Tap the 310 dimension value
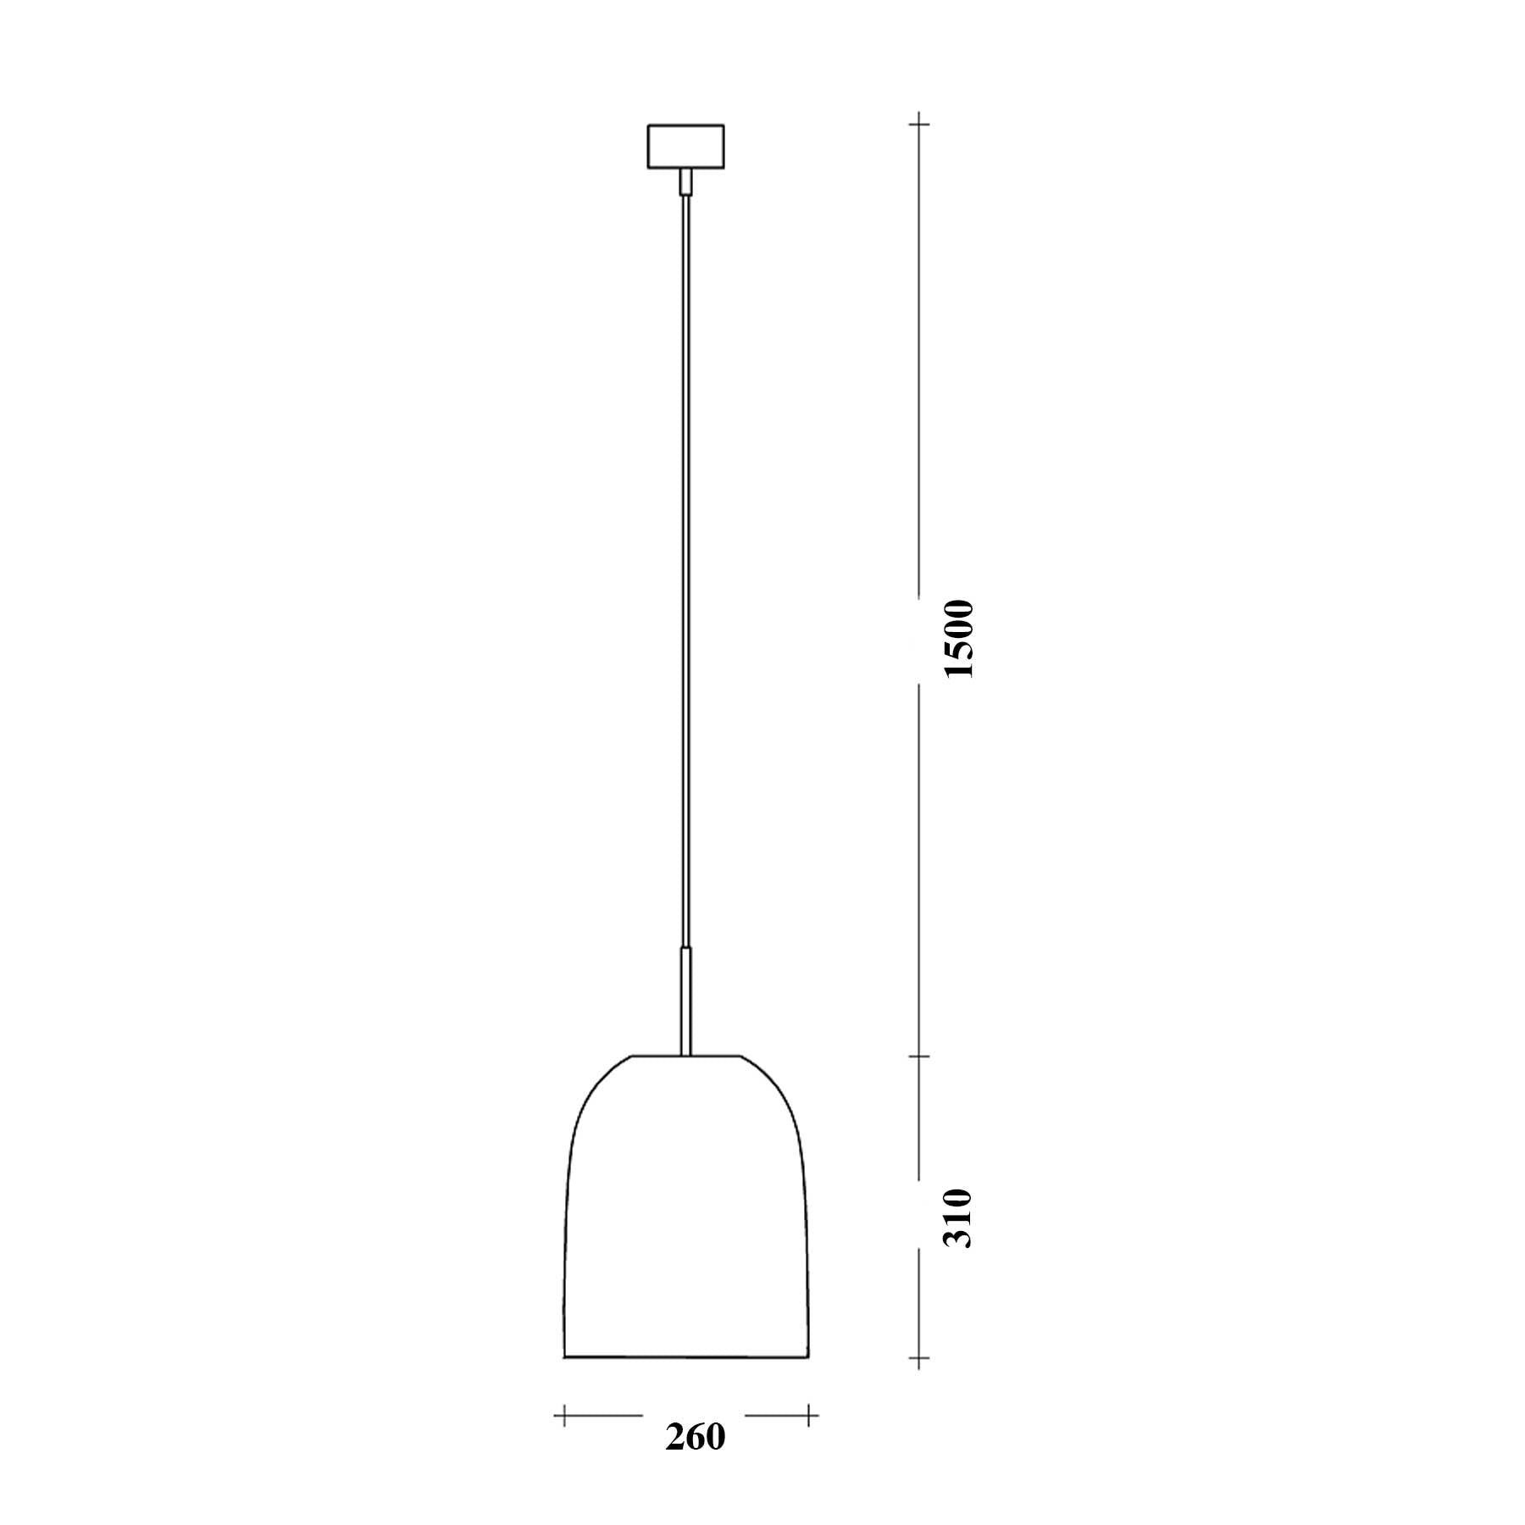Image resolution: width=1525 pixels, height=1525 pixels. pos(959,1218)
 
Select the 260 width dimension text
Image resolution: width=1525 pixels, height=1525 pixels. pos(696,1437)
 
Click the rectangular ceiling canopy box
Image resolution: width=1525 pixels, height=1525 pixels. pos(685,147)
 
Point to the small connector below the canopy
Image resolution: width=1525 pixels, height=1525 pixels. pos(685,182)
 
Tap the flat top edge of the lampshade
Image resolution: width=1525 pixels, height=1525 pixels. pos(686,1056)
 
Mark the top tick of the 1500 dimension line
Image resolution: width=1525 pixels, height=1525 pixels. pos(919,125)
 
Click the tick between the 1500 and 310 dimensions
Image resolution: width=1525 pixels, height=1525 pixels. pos(919,1056)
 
